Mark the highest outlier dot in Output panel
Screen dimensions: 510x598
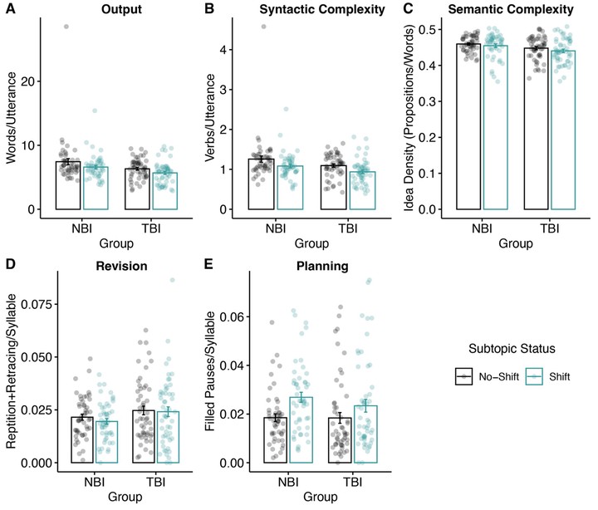click(x=65, y=27)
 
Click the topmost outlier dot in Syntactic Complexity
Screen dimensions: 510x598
click(x=263, y=27)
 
